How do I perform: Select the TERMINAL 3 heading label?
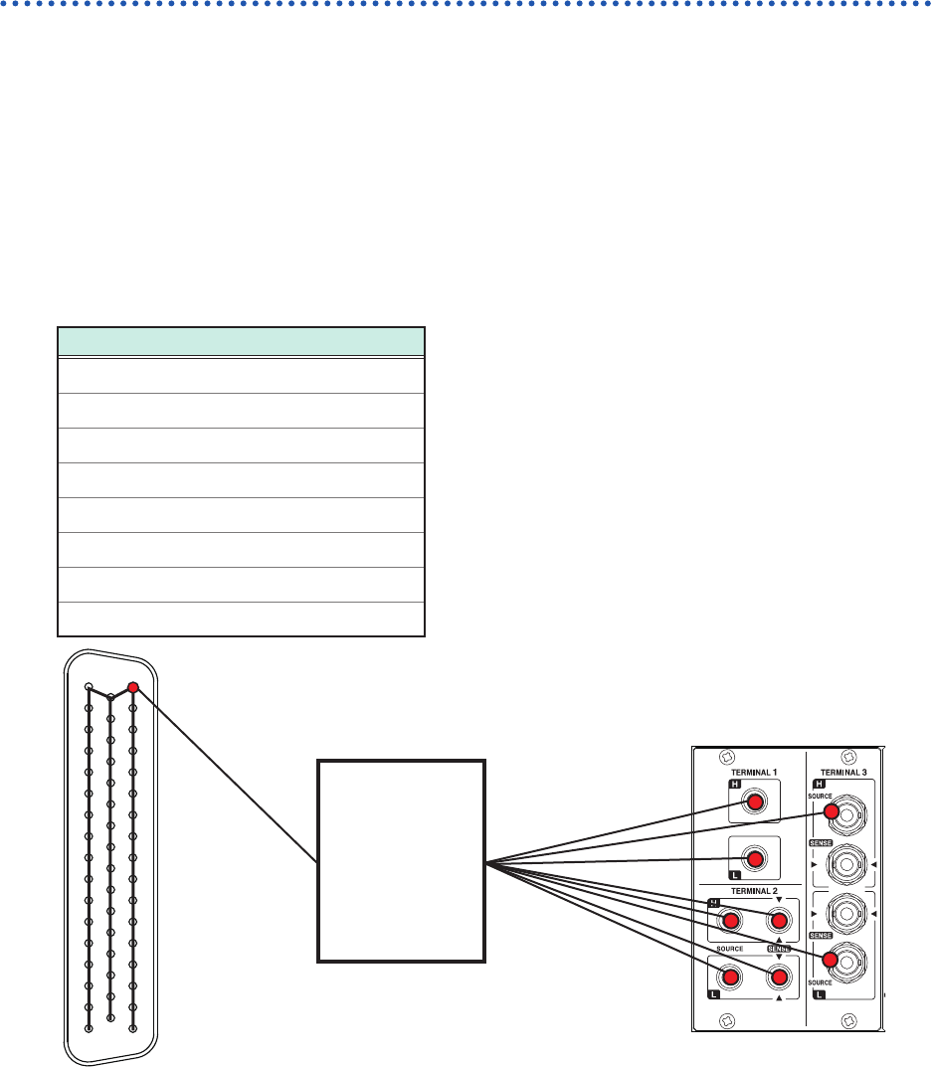click(x=845, y=772)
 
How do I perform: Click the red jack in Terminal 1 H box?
click(x=755, y=801)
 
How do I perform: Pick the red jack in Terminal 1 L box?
click(x=755, y=857)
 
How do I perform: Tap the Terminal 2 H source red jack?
click(x=730, y=921)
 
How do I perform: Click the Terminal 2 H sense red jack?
click(x=779, y=921)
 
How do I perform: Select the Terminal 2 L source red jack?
click(x=730, y=978)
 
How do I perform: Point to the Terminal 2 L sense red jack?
click(x=779, y=978)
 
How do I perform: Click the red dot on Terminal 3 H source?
click(x=832, y=810)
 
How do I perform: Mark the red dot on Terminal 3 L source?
click(x=829, y=960)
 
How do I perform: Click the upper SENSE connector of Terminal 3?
click(x=845, y=865)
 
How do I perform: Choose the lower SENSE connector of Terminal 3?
click(x=845, y=912)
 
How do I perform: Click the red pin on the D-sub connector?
click(x=133, y=687)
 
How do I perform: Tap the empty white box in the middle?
click(x=401, y=861)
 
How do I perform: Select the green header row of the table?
click(x=242, y=341)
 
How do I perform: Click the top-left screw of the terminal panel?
click(x=727, y=756)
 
